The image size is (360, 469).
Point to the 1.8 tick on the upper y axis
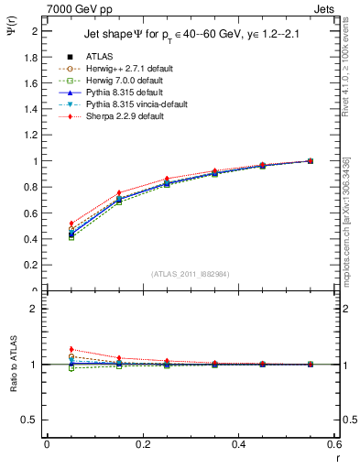pyautogui.click(x=34, y=57)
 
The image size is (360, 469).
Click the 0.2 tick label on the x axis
pyautogui.click(x=142, y=445)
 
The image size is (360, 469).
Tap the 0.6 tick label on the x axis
pyautogui.click(x=333, y=445)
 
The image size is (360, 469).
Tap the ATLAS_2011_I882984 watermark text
pyautogui.click(x=190, y=275)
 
